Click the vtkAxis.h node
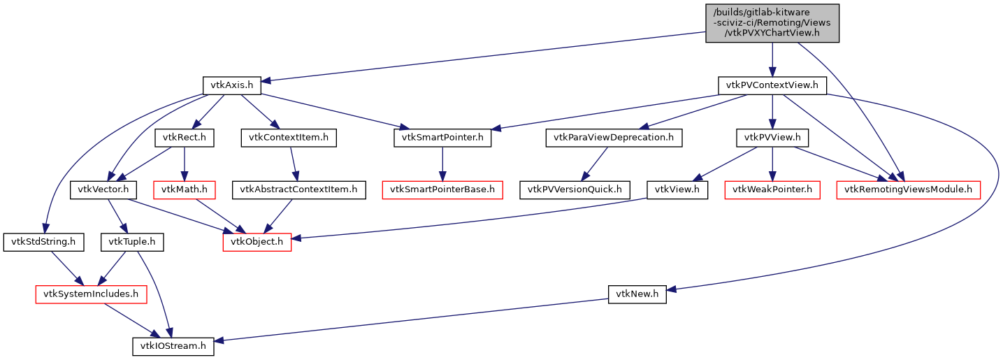[x=232, y=86]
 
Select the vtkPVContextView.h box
[x=772, y=86]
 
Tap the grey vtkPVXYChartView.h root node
[x=772, y=23]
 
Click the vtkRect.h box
[x=184, y=138]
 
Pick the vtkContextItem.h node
[x=289, y=138]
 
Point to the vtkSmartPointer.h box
[x=442, y=138]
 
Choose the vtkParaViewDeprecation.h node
[x=614, y=138]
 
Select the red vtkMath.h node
[x=184, y=189]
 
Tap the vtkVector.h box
[x=103, y=189]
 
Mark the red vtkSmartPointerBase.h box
[x=442, y=189]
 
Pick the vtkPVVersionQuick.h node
[x=575, y=189]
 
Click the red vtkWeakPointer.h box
[x=772, y=189]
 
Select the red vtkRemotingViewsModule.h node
[x=909, y=189]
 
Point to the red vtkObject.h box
[x=257, y=242]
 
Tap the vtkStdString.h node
[x=43, y=242]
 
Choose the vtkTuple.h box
[x=133, y=242]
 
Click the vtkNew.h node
[x=637, y=294]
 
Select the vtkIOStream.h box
[x=173, y=346]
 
